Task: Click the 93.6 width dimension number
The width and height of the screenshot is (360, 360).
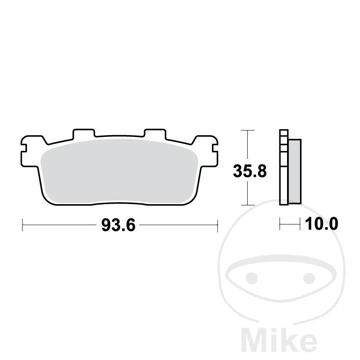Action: tap(118, 225)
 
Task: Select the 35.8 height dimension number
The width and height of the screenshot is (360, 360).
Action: tap(250, 171)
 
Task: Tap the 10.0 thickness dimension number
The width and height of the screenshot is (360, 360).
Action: tap(322, 224)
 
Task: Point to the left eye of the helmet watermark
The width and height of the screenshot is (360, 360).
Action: tap(252, 278)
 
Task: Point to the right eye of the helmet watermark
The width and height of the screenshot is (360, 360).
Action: tap(309, 278)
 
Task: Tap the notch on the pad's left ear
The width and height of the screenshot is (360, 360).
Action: tap(24, 148)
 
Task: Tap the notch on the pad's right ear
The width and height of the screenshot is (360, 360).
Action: tap(215, 148)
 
